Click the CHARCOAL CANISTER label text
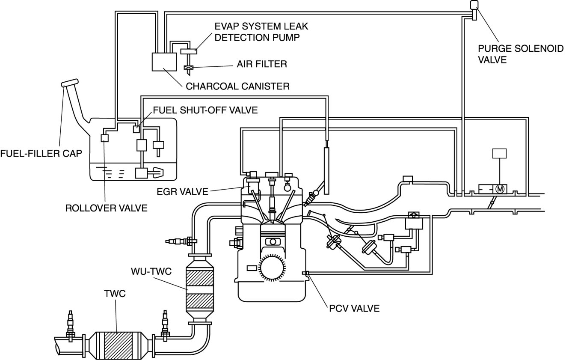237,86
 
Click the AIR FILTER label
262,64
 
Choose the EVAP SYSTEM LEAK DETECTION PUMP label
261,32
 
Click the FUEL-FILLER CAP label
41,153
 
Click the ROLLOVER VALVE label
106,208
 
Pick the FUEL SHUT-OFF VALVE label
205,110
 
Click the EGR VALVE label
185,191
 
